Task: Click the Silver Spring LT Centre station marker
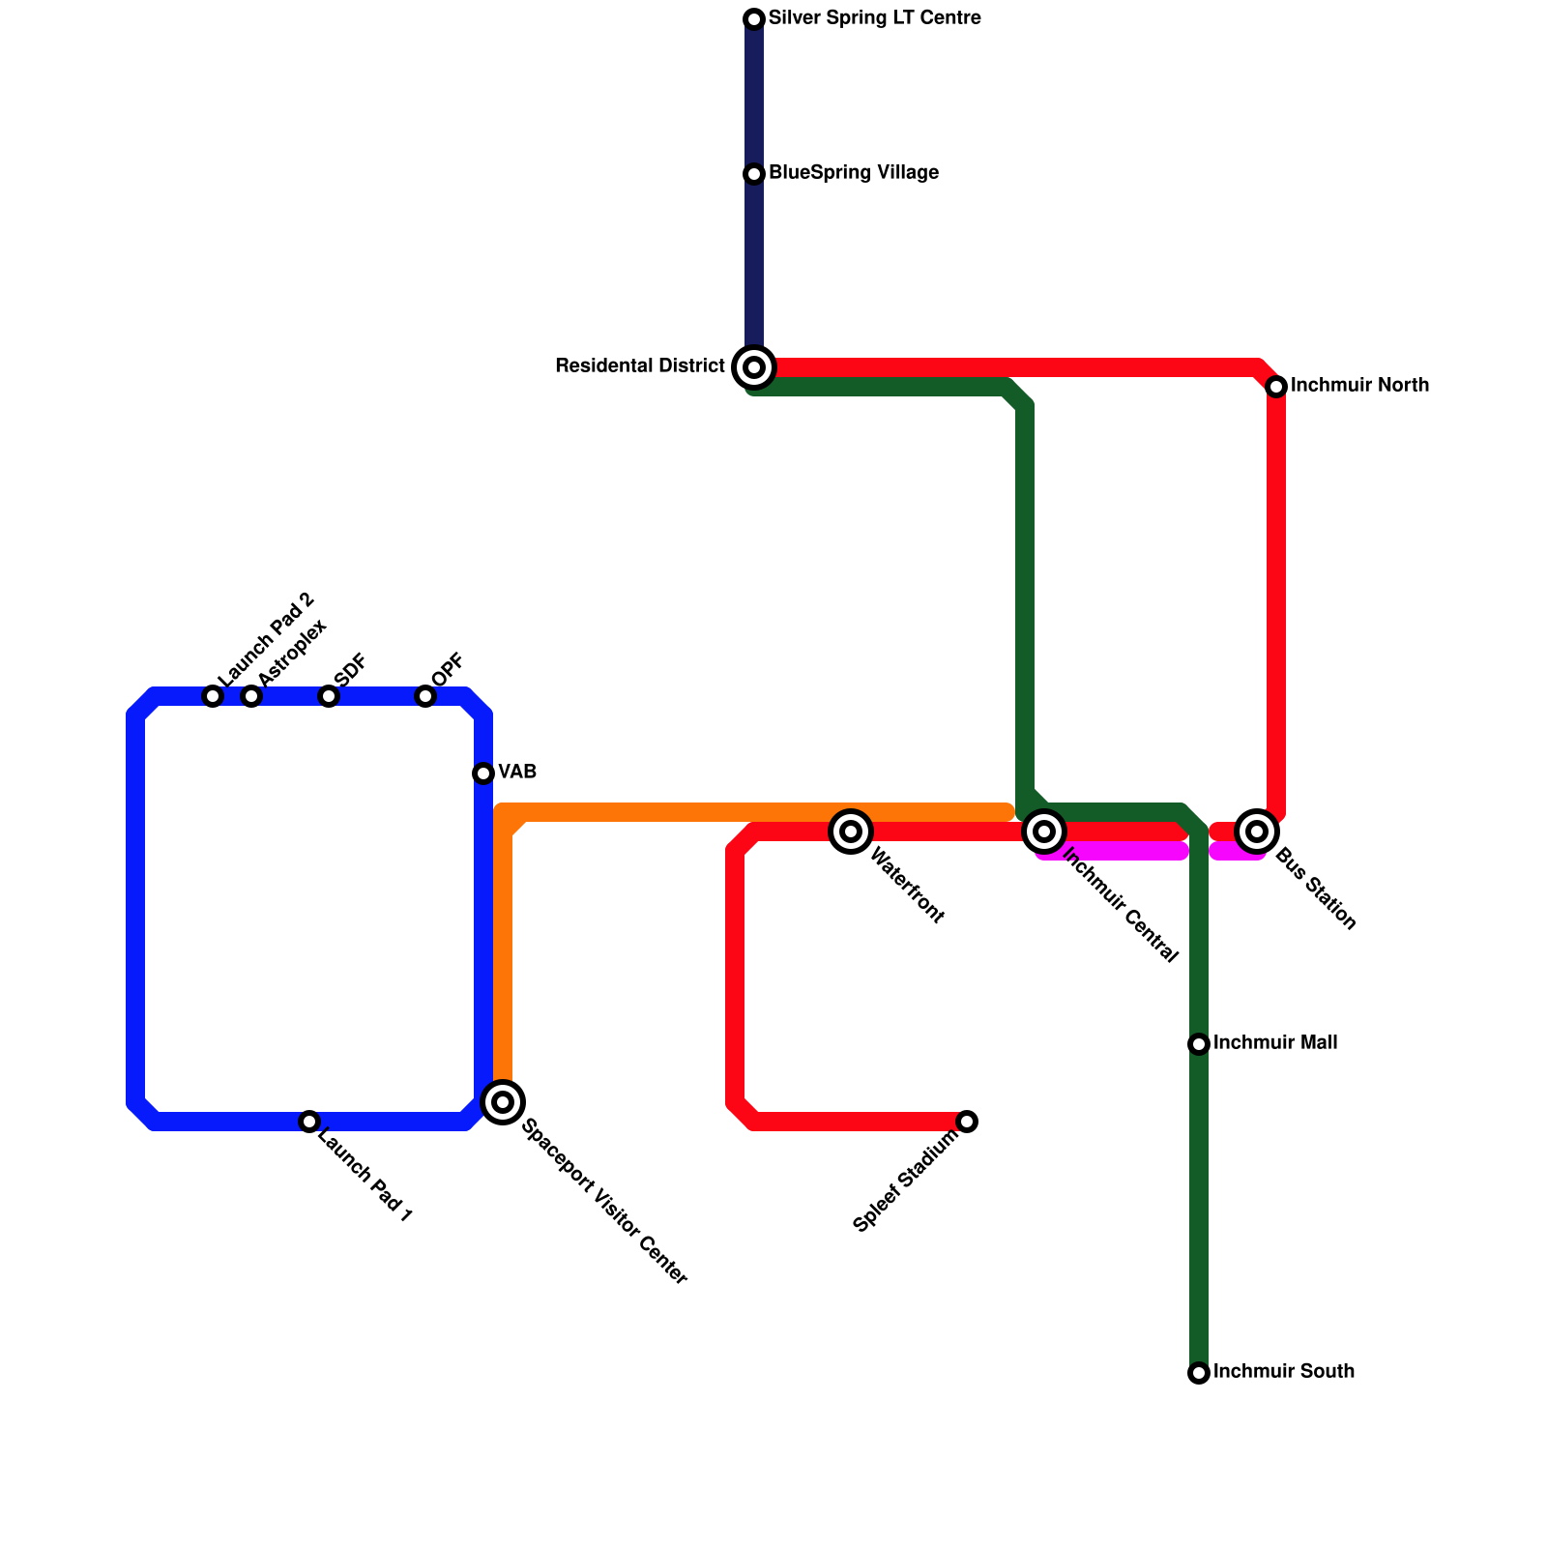754,19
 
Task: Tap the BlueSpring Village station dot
754,174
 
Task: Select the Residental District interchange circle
754,367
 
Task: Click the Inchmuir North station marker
1276,387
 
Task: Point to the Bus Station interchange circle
1257,832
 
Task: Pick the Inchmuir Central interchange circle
1044,832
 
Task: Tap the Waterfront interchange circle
851,832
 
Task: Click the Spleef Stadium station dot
967,1122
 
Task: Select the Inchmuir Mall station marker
1199,1044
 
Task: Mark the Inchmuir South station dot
1199,1373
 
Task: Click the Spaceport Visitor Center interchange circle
503,1102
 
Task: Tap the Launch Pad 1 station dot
309,1122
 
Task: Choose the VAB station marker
483,773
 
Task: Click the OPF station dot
425,696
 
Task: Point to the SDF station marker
329,696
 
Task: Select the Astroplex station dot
251,696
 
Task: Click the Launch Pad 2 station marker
213,696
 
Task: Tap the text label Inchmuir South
1283,1372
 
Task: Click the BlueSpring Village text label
853,173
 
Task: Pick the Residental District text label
640,366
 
